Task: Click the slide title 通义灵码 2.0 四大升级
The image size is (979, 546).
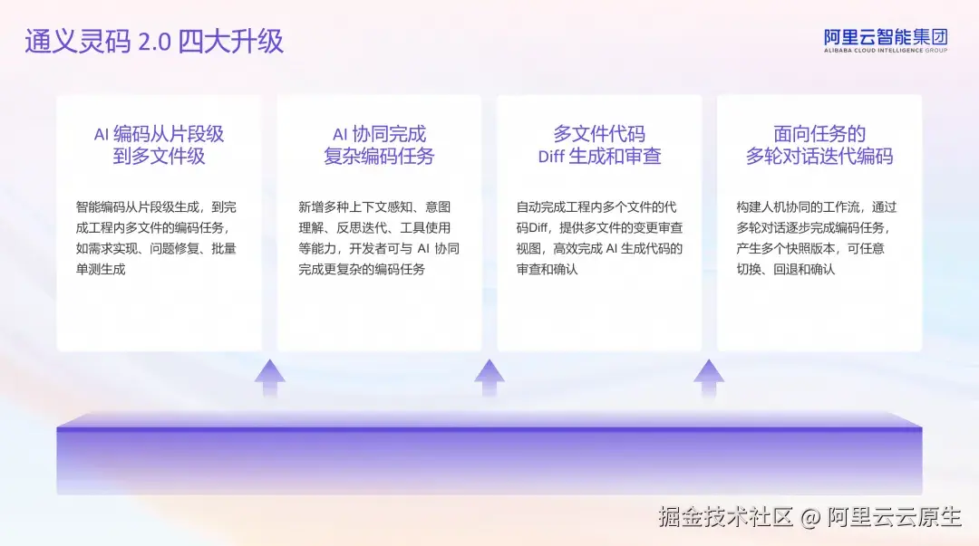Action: [154, 42]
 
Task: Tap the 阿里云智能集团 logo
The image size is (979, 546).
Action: [885, 38]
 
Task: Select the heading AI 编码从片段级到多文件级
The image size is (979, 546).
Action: [159, 145]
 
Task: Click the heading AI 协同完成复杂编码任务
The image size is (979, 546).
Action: [379, 145]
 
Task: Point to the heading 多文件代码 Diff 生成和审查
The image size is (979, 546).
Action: [599, 145]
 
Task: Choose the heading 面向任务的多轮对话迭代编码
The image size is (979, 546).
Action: [819, 145]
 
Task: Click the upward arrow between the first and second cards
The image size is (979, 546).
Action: [269, 377]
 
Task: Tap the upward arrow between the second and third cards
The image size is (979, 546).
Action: [489, 377]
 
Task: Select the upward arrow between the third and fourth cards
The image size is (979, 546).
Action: [709, 377]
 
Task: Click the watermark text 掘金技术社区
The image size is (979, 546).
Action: [725, 517]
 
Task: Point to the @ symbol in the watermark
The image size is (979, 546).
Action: [810, 518]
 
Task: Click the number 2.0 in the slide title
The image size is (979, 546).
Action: [154, 43]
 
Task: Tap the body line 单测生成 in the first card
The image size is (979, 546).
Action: [101, 269]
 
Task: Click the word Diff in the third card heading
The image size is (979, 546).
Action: [551, 157]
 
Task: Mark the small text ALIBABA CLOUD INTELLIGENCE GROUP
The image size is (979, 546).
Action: [885, 51]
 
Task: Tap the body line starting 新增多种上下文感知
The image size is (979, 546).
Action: [374, 206]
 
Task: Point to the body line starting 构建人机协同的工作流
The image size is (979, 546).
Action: [817, 206]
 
